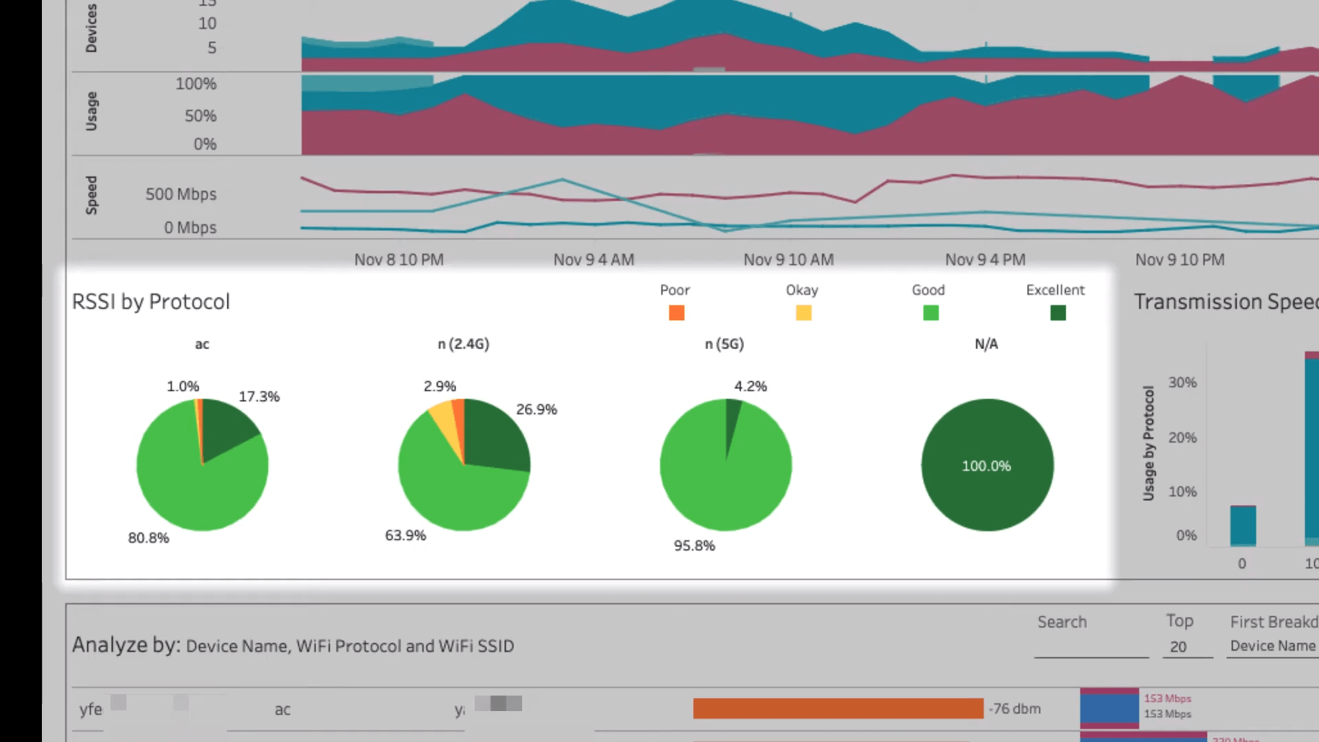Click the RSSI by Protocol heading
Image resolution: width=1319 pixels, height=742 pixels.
[150, 302]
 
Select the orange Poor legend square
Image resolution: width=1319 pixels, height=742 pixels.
[676, 313]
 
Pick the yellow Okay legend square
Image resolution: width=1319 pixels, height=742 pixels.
[803, 313]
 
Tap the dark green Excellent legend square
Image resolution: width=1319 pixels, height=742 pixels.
[1058, 313]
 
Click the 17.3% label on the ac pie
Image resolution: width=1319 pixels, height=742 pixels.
[259, 396]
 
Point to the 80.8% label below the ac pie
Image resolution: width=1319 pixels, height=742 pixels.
[148, 538]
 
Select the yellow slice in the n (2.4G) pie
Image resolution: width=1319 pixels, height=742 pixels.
[444, 423]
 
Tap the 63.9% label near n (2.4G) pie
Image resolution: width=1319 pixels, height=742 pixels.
[405, 535]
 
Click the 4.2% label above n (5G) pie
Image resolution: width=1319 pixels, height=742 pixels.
[750, 386]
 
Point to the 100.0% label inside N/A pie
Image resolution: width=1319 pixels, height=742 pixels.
[986, 466]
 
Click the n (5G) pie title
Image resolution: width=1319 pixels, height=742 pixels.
[724, 344]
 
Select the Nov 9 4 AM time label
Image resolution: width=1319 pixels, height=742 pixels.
[594, 260]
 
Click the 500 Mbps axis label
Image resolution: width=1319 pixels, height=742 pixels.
[181, 194]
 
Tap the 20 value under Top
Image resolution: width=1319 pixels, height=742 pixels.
[1178, 647]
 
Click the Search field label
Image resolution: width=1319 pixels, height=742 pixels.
[1062, 622]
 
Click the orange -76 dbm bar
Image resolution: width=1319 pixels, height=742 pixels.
[837, 708]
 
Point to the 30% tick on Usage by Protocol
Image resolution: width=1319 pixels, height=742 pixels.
[1182, 382]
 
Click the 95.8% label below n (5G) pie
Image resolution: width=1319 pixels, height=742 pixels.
[694, 546]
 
